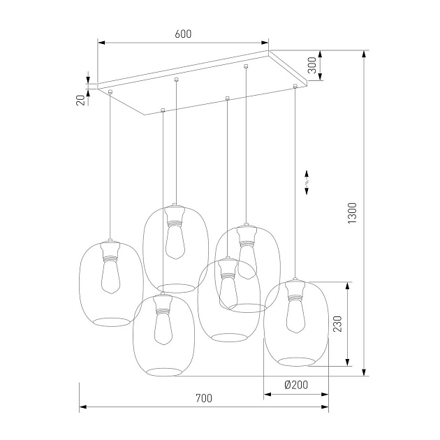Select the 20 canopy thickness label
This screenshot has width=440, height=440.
point(81,99)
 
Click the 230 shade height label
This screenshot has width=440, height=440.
point(337,324)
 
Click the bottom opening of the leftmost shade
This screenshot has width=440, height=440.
point(111,321)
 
